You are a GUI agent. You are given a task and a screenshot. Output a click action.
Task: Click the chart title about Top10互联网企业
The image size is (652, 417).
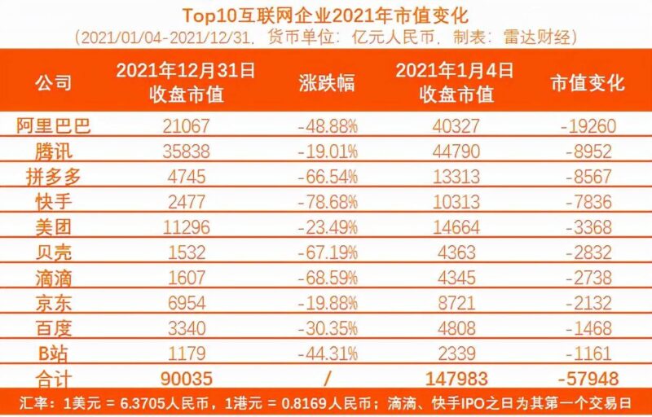point(326,15)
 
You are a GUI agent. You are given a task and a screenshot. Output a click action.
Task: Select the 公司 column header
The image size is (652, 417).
point(54,83)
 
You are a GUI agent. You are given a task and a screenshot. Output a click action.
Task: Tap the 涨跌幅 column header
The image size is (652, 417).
point(326,83)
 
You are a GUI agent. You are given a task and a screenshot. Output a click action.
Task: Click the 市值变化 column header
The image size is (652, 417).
point(588,83)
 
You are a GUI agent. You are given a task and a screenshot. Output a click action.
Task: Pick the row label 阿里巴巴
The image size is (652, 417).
point(54,125)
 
